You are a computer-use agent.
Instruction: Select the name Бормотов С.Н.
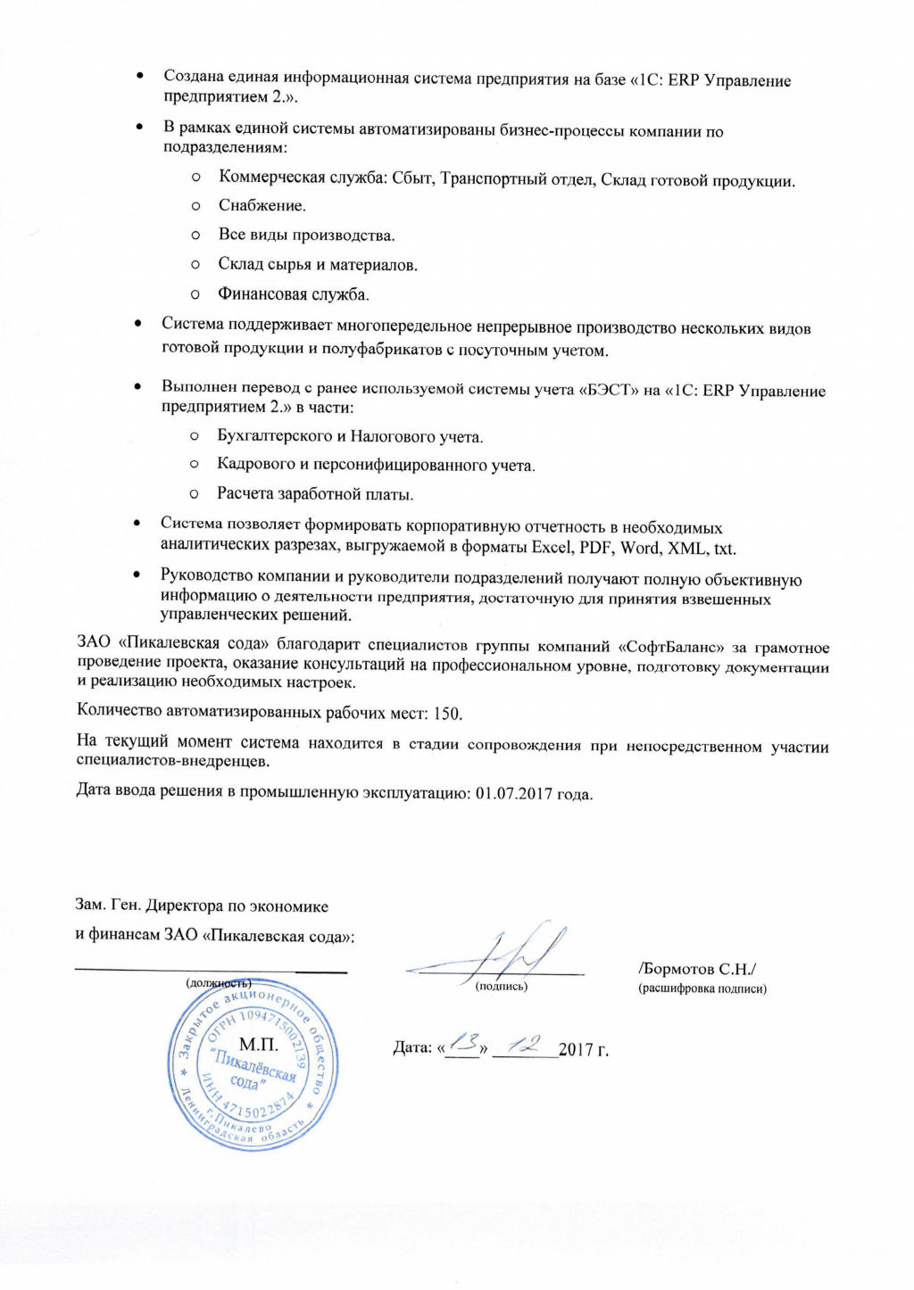coord(698,969)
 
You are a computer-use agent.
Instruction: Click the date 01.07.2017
coord(513,792)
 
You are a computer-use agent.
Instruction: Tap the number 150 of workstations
coord(446,714)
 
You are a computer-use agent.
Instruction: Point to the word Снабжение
coord(262,205)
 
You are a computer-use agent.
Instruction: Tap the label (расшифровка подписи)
coord(702,988)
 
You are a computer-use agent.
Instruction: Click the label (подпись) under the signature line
coord(502,986)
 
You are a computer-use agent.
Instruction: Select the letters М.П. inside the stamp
coord(259,1045)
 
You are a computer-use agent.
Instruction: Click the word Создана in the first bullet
coord(193,77)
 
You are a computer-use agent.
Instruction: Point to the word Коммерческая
coord(272,177)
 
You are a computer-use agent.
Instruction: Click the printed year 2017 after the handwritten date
coord(577,1049)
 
